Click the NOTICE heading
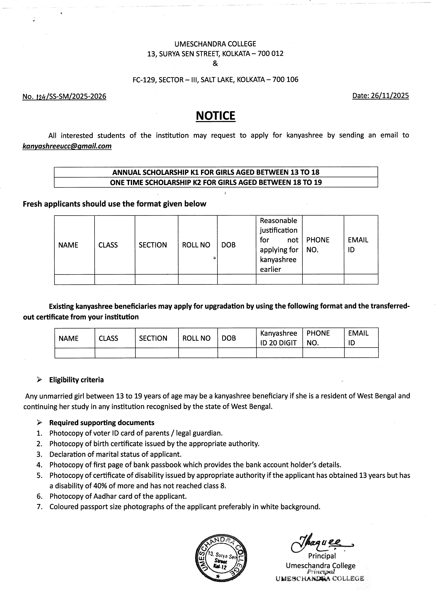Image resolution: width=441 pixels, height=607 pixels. (x=216, y=116)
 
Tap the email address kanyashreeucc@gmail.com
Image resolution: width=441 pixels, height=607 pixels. (x=67, y=146)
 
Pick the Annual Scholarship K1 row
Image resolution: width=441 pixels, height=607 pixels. (x=216, y=172)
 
